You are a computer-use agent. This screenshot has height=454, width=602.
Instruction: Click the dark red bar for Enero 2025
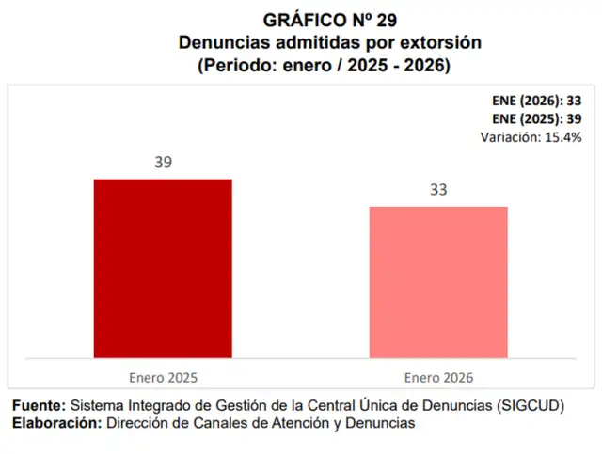[162, 268]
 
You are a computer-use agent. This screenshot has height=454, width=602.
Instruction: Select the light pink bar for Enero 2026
[438, 282]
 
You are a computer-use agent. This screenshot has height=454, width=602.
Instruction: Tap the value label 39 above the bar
[164, 162]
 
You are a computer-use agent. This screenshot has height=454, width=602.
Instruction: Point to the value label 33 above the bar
[438, 189]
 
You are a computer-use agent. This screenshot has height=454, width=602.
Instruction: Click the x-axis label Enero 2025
[163, 377]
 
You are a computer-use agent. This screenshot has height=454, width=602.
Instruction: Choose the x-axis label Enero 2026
[438, 377]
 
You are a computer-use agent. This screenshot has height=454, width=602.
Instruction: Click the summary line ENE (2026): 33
[537, 102]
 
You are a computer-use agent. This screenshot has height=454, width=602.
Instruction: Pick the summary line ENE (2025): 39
[537, 119]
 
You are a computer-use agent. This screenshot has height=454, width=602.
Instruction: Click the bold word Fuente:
[39, 406]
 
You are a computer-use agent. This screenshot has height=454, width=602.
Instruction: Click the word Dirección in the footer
[136, 424]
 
